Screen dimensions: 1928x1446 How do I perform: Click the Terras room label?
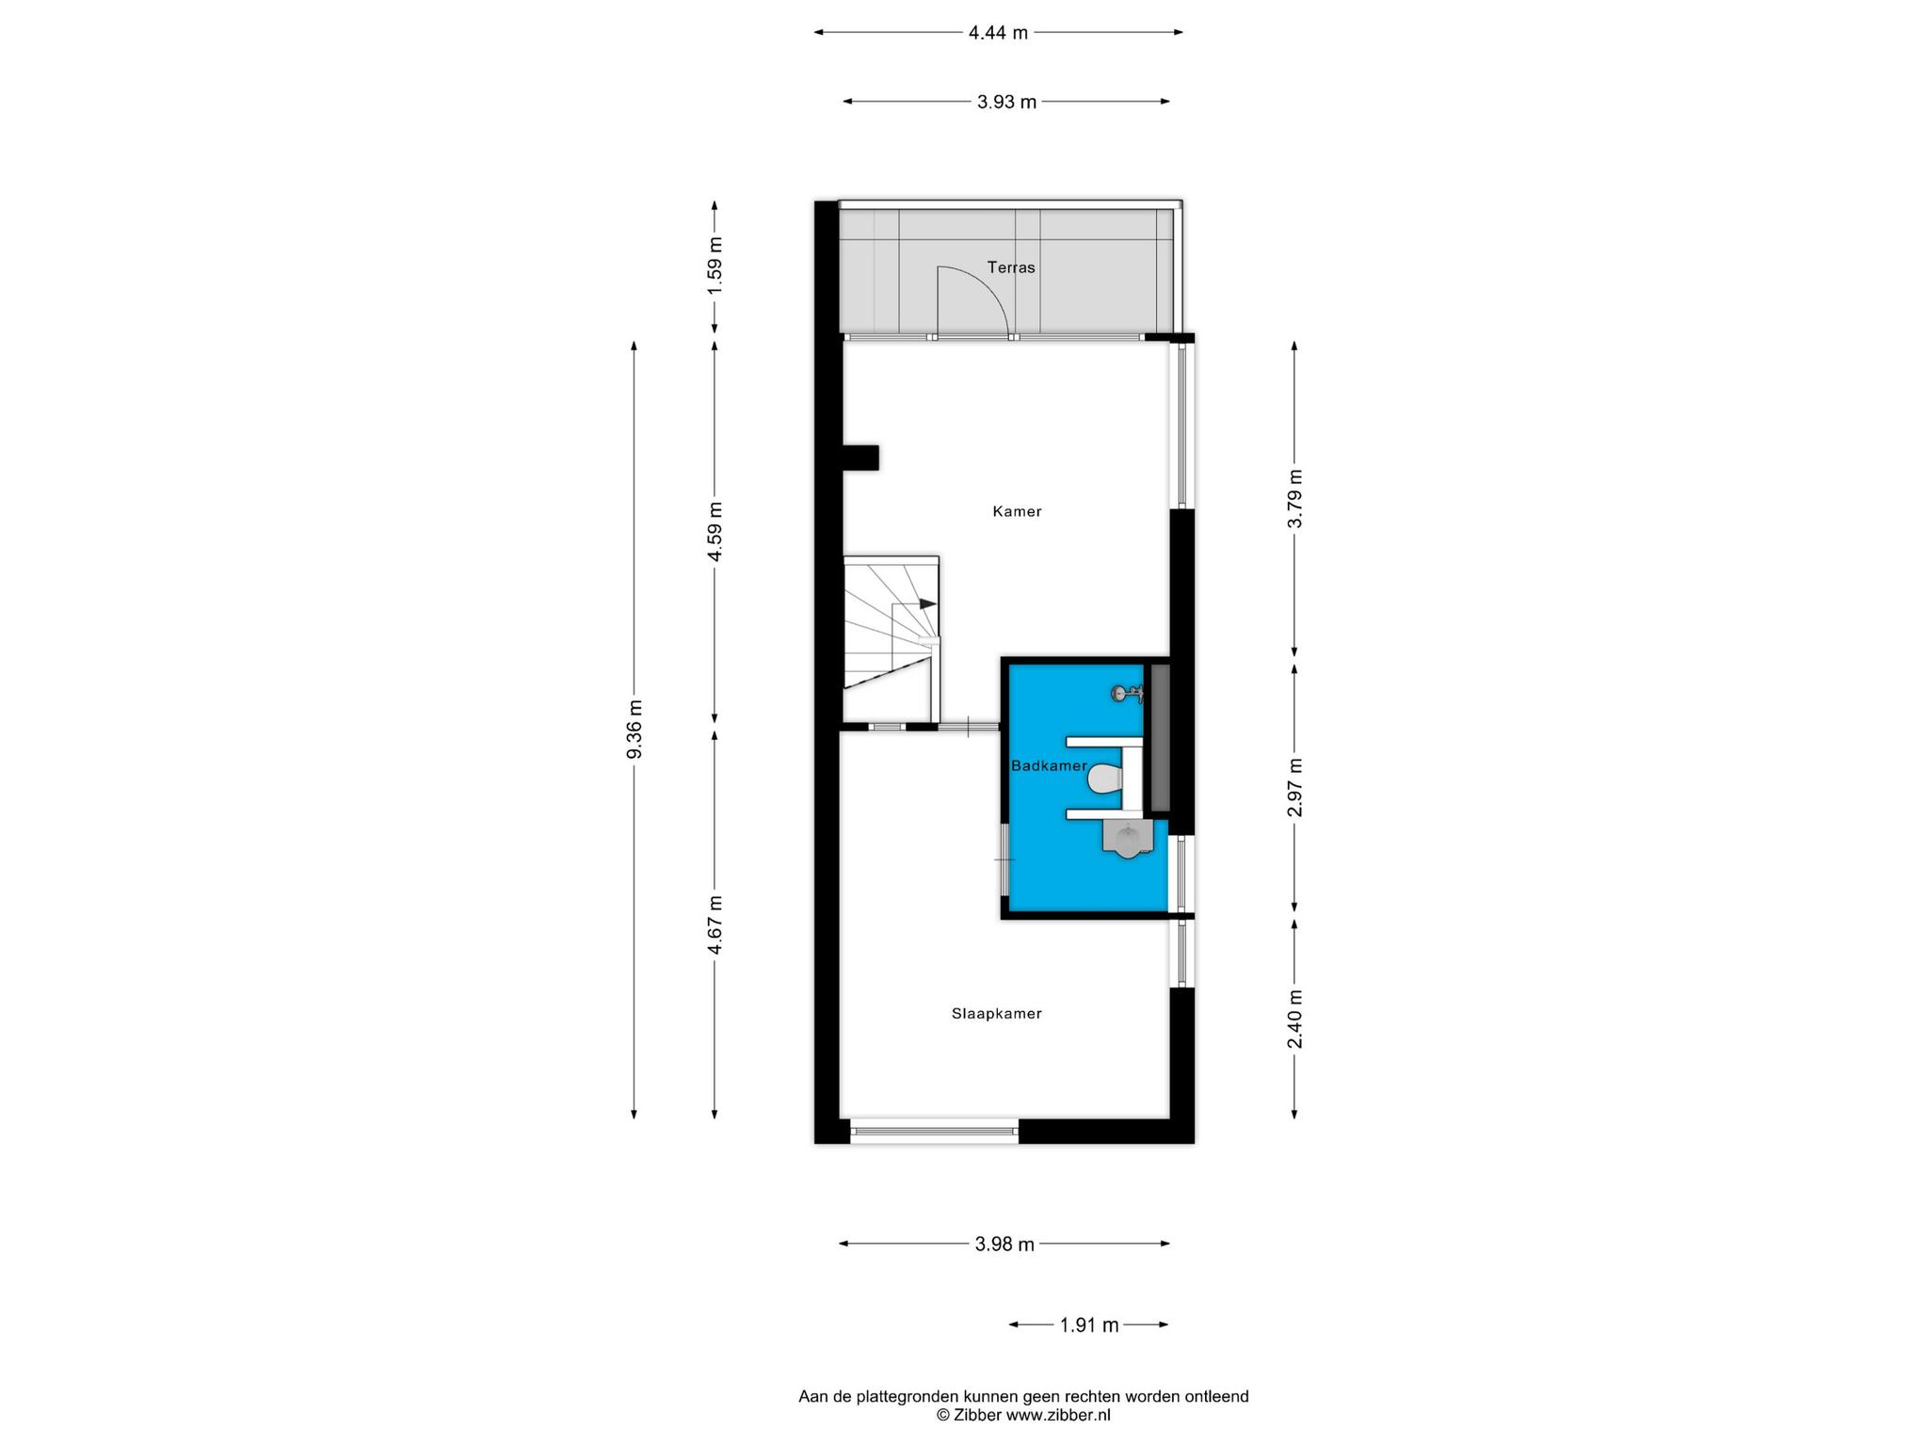[1011, 267]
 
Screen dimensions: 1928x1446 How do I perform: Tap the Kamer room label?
[1017, 512]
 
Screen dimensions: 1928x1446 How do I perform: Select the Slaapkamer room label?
[996, 1014]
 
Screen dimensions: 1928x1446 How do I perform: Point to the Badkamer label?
[1049, 766]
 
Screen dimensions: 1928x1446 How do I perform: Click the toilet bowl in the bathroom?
[1104, 779]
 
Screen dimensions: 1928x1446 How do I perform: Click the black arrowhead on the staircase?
[928, 603]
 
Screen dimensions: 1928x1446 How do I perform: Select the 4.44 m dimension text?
[998, 33]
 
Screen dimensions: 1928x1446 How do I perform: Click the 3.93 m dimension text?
[1006, 102]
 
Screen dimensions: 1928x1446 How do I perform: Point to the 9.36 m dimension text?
[635, 729]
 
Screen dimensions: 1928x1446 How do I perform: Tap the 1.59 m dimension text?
[715, 264]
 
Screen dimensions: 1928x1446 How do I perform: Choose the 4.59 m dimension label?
[715, 531]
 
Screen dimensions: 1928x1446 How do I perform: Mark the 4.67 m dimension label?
[715, 924]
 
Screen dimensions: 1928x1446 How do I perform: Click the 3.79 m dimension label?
[1295, 499]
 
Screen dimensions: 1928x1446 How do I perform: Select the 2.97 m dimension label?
[1295, 787]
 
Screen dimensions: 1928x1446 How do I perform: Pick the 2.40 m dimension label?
[1295, 1019]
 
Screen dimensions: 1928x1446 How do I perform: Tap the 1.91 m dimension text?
[1089, 1325]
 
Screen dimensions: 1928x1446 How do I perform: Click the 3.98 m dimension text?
[1004, 1245]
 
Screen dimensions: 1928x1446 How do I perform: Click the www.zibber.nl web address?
[1058, 1415]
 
